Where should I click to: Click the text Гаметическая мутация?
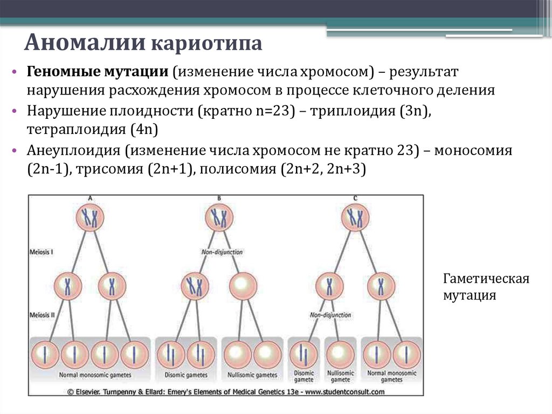click(486, 287)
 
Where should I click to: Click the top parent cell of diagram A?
click(89, 218)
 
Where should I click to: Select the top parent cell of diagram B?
click(219, 218)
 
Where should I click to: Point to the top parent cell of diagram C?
click(356, 218)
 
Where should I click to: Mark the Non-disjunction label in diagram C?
click(330, 315)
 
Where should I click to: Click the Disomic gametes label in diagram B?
click(186, 375)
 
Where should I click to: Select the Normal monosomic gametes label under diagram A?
click(95, 375)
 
